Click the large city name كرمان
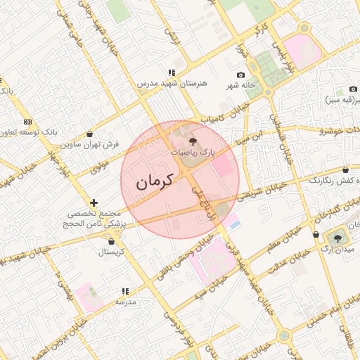(154, 182)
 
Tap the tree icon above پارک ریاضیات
(194, 141)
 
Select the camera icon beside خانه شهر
(241, 75)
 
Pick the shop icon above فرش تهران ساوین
(89, 134)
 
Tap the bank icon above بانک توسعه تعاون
(27, 122)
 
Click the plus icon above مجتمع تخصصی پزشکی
(94, 202)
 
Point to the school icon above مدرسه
(125, 290)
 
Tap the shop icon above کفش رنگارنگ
(345, 170)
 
